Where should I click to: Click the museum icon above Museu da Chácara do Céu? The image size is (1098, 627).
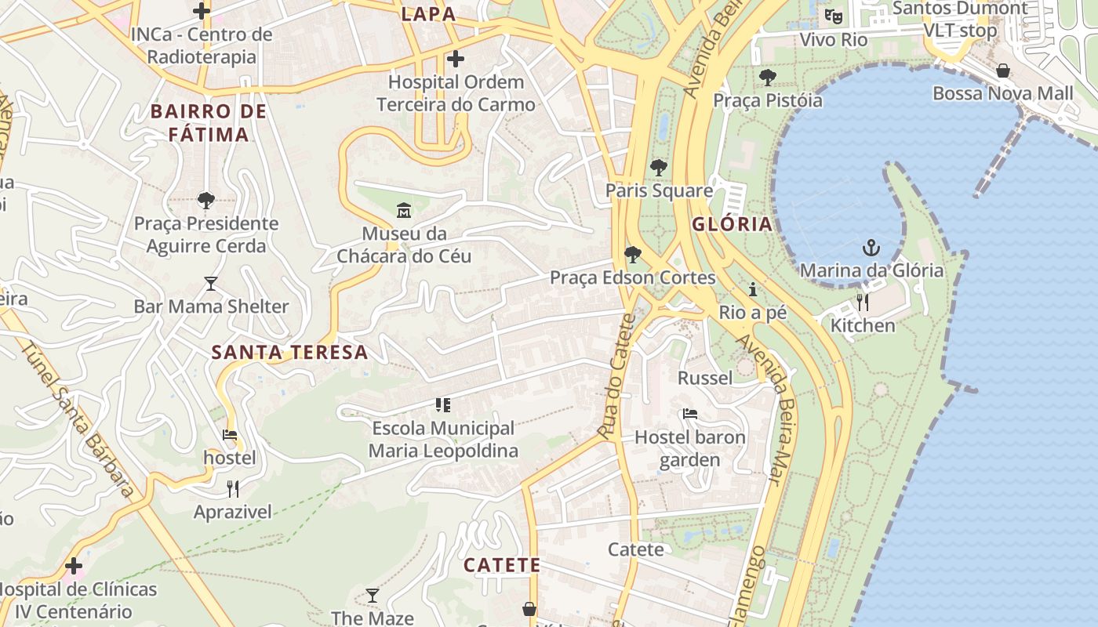pos(404,210)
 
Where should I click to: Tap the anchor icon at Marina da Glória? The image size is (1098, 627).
pos(871,248)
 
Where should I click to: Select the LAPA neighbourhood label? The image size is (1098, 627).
pos(428,13)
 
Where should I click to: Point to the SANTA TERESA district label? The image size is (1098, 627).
pos(289,352)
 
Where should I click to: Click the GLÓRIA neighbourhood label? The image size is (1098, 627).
pos(732,224)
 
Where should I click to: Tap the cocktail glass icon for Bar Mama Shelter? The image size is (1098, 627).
pos(210,283)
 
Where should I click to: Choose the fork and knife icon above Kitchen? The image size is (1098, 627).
pos(863,303)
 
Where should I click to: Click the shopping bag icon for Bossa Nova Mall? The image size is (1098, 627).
pos(1002,71)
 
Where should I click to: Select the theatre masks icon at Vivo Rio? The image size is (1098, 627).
pos(834,16)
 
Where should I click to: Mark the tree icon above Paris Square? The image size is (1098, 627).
pos(658,167)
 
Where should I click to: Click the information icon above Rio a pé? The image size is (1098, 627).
pos(753,289)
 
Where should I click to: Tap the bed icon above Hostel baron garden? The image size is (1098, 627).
pos(690,413)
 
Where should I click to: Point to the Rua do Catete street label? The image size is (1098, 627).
pos(616,376)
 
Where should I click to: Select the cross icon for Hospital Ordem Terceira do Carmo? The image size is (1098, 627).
pos(455,59)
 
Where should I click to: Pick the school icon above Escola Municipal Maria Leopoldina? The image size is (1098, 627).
pos(443,405)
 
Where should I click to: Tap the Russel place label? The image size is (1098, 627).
pos(705,378)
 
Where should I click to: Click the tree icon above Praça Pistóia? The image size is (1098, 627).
pos(767,77)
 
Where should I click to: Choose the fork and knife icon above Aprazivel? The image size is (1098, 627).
pos(232,489)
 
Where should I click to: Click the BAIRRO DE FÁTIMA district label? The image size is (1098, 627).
pos(209,122)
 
